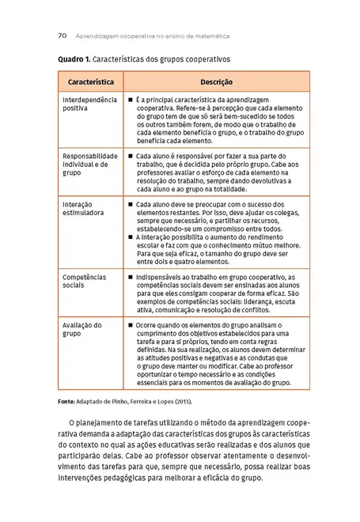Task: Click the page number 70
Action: click(62, 36)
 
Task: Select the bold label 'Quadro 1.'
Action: click(75, 59)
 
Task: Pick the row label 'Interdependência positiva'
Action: click(89, 104)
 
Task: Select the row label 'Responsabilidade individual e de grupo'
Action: click(89, 164)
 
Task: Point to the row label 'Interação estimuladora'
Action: click(83, 208)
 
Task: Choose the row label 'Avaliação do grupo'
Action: click(82, 329)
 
